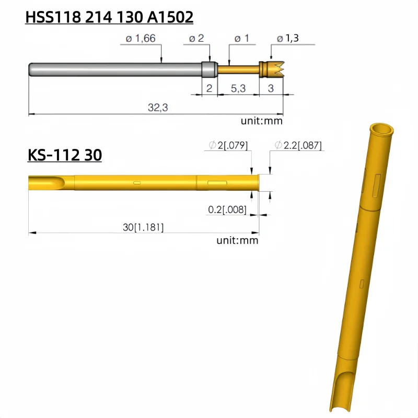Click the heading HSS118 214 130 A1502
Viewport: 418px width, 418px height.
(110, 17)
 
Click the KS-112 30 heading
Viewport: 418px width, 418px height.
(64, 155)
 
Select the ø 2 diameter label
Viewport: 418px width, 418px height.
(196, 38)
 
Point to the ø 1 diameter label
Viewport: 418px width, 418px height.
(241, 38)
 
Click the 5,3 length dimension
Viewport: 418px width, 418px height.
(238, 88)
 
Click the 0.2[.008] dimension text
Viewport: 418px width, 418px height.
(227, 210)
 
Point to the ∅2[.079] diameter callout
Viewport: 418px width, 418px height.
(228, 145)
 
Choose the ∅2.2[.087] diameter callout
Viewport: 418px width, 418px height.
(298, 145)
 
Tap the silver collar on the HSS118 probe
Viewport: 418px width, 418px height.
(209, 69)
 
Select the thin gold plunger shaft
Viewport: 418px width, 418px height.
(238, 69)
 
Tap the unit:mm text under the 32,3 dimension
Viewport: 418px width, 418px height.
(261, 121)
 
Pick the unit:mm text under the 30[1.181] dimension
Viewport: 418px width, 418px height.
(237, 240)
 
